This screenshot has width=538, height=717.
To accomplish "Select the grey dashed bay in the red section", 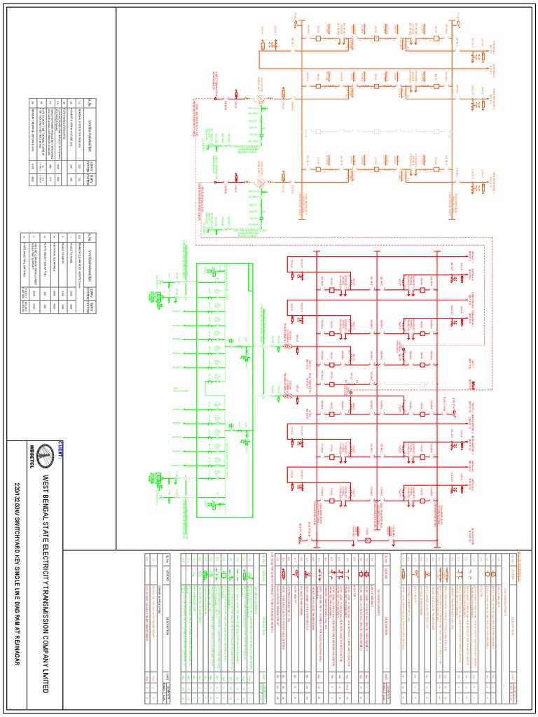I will (x=424, y=384).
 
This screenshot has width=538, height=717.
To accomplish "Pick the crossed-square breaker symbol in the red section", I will (x=367, y=541).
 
